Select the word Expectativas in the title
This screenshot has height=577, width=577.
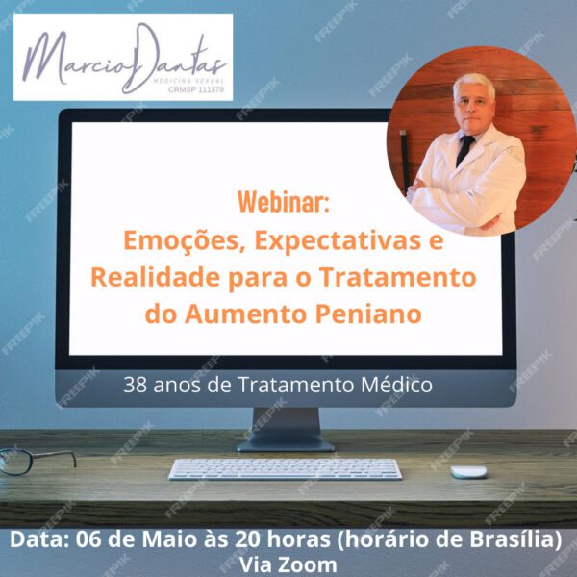pyautogui.click(x=338, y=241)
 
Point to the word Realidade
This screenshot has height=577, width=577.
pyautogui.click(x=155, y=277)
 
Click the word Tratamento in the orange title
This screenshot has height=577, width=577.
pyautogui.click(x=398, y=277)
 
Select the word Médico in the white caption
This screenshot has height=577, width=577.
pyautogui.click(x=396, y=385)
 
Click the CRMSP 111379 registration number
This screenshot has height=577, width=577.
pyautogui.click(x=196, y=89)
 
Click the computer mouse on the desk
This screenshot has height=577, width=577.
pyautogui.click(x=468, y=472)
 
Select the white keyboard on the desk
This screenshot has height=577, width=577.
pyautogui.click(x=286, y=469)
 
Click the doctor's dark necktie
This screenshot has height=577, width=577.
pyautogui.click(x=464, y=150)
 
